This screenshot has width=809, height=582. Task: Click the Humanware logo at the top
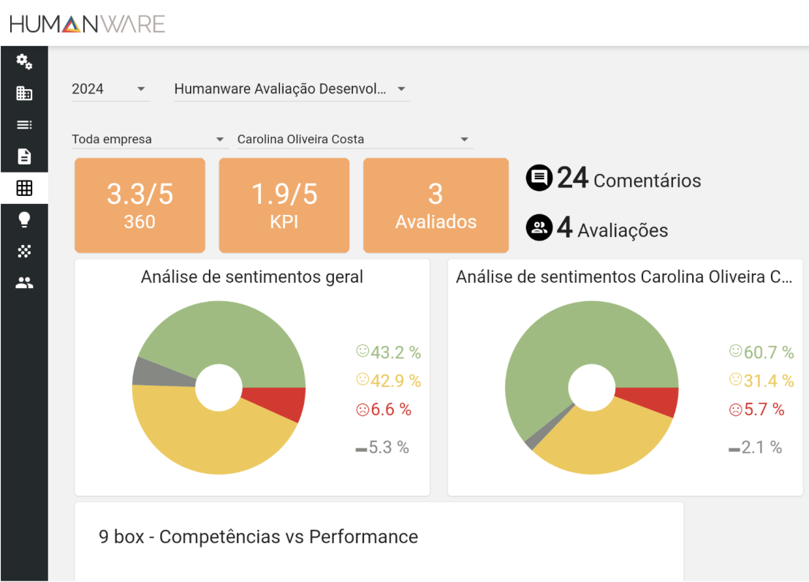(87, 24)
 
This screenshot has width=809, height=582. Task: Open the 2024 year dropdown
(110, 89)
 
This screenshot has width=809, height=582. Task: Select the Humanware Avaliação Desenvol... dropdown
(291, 89)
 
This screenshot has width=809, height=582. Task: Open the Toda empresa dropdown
(149, 139)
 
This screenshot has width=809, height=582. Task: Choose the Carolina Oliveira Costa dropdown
(354, 139)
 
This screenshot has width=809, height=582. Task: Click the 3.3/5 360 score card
(140, 205)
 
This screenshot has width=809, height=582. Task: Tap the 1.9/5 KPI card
(284, 205)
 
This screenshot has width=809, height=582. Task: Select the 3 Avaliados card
(436, 205)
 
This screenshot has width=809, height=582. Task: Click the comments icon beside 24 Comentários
(539, 178)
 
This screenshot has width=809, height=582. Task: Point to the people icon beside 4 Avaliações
(539, 228)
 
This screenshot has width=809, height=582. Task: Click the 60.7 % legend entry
(761, 352)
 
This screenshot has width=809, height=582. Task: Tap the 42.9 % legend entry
(388, 380)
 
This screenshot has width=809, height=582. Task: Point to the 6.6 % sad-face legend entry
(384, 409)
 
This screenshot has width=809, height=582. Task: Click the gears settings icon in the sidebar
(24, 62)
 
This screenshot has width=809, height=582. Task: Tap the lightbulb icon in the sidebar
(24, 219)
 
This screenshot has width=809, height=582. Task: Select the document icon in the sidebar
(24, 156)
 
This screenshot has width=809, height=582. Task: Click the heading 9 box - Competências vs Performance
(258, 537)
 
